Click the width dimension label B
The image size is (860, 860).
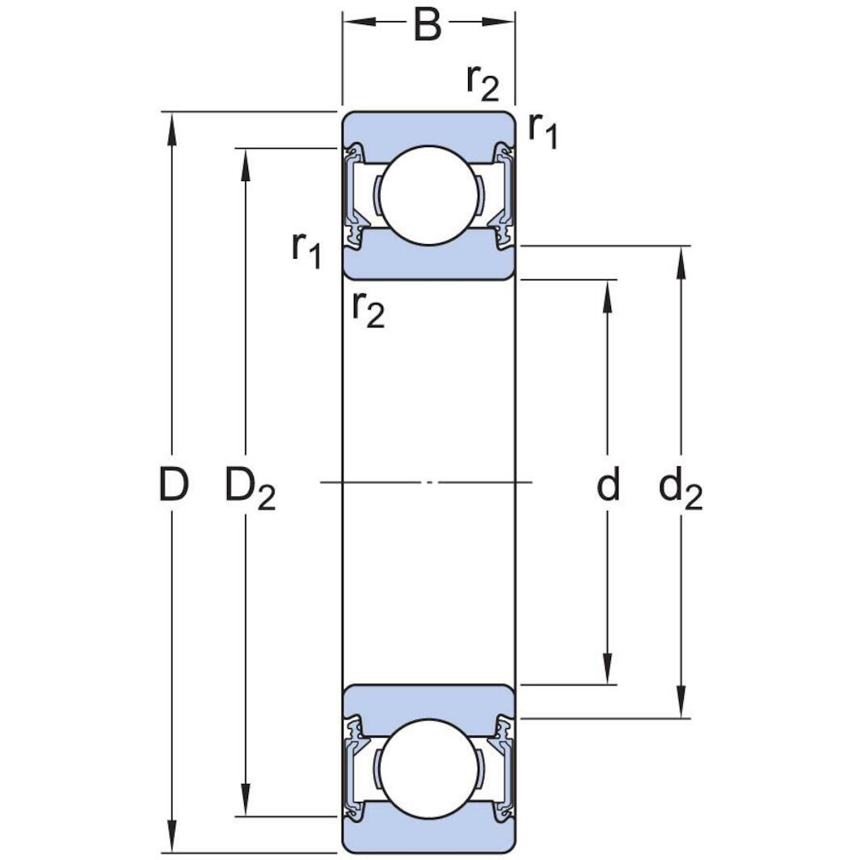428,24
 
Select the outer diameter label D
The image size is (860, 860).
172,485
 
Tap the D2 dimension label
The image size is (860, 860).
249,487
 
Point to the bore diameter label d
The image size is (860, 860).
608,485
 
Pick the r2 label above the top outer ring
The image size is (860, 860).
483,81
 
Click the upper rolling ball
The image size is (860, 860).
428,195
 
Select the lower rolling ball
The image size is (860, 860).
428,769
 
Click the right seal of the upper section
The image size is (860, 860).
504,195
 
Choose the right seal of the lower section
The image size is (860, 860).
504,769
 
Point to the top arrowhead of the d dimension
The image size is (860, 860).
608,295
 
